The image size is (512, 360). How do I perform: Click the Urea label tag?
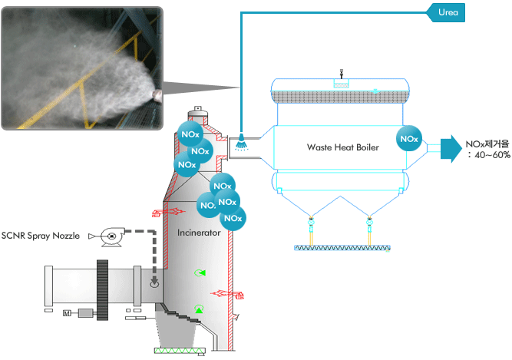pos(446,13)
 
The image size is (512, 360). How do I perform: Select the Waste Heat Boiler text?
pos(343,147)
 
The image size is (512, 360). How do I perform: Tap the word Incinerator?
pos(199,233)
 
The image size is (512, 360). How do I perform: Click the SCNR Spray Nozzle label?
pos(41,236)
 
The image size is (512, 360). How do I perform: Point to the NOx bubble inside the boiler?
pos(409,138)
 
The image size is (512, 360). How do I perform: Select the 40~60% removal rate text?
pos(490,155)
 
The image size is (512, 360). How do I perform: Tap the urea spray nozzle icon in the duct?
pos(241,142)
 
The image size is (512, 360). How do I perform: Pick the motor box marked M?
pos(67,313)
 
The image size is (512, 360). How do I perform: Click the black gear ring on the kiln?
pos(102,290)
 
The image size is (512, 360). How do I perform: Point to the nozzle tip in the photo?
pos(157,94)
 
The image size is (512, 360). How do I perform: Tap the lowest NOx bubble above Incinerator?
pos(233,218)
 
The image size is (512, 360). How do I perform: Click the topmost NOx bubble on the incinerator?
pos(190,134)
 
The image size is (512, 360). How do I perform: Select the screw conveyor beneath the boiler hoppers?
pos(342,248)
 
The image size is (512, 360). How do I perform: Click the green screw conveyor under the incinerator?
pos(180,351)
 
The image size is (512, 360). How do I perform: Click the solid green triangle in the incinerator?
pos(199,310)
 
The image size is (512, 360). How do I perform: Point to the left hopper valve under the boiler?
pos(311,223)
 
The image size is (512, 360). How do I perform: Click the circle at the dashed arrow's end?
pos(154,283)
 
